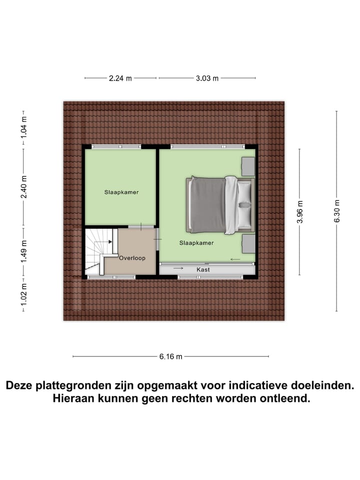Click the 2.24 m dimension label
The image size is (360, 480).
pyautogui.click(x=120, y=78)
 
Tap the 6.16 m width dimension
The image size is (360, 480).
pyautogui.click(x=171, y=356)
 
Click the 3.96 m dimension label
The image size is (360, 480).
pyautogui.click(x=300, y=210)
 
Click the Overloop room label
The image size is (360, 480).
pyautogui.click(x=132, y=258)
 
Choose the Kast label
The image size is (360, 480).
pyautogui.click(x=203, y=269)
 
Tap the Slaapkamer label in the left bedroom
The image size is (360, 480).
pyautogui.click(x=121, y=192)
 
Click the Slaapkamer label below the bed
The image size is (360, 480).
pyautogui.click(x=196, y=243)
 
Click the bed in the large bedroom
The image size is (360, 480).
pyautogui.click(x=220, y=205)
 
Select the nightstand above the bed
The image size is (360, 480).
pyautogui.click(x=248, y=166)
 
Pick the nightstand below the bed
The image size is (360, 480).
pyautogui.click(x=248, y=244)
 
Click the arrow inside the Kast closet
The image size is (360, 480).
pyautogui.click(x=178, y=269)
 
